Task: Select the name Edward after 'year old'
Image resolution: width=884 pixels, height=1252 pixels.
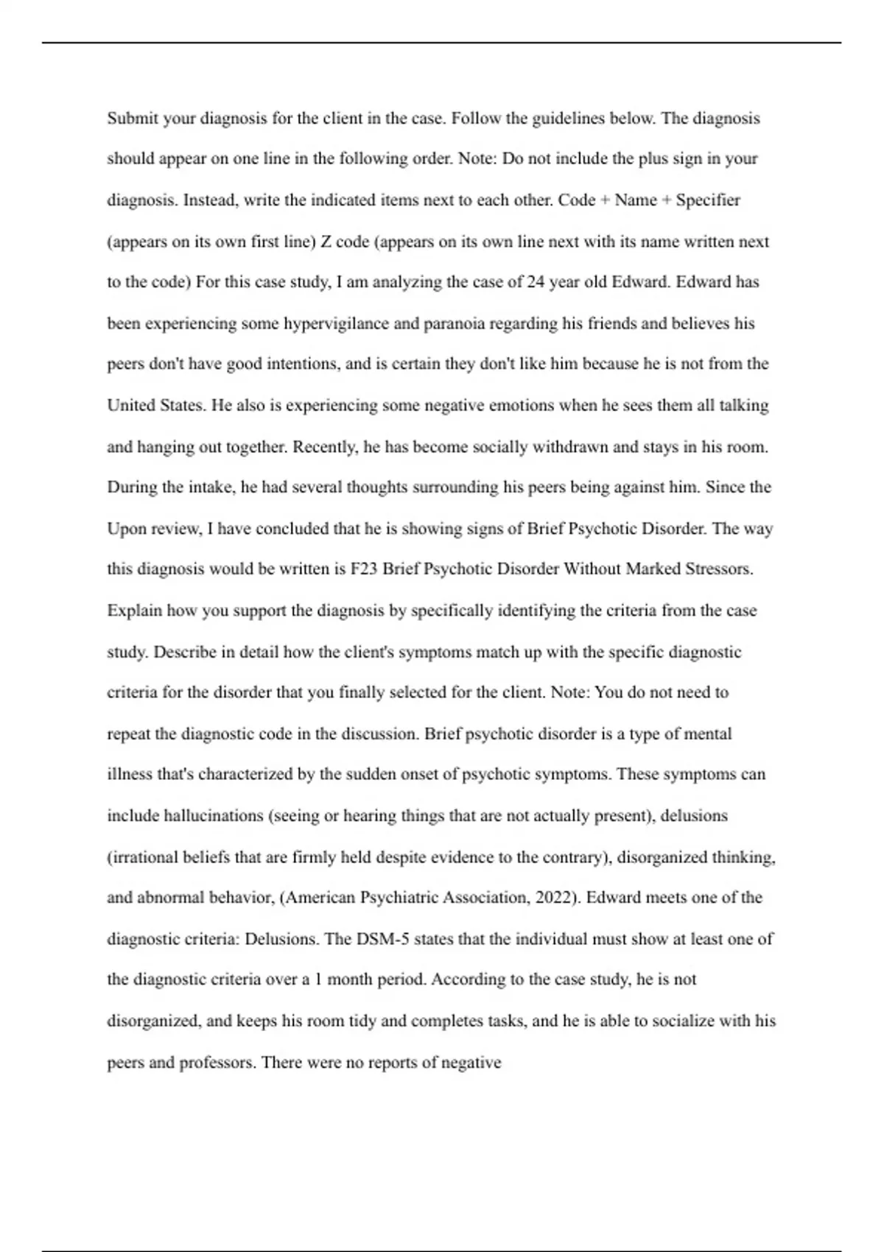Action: coord(639,282)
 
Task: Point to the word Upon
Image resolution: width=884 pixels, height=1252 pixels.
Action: coord(126,529)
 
